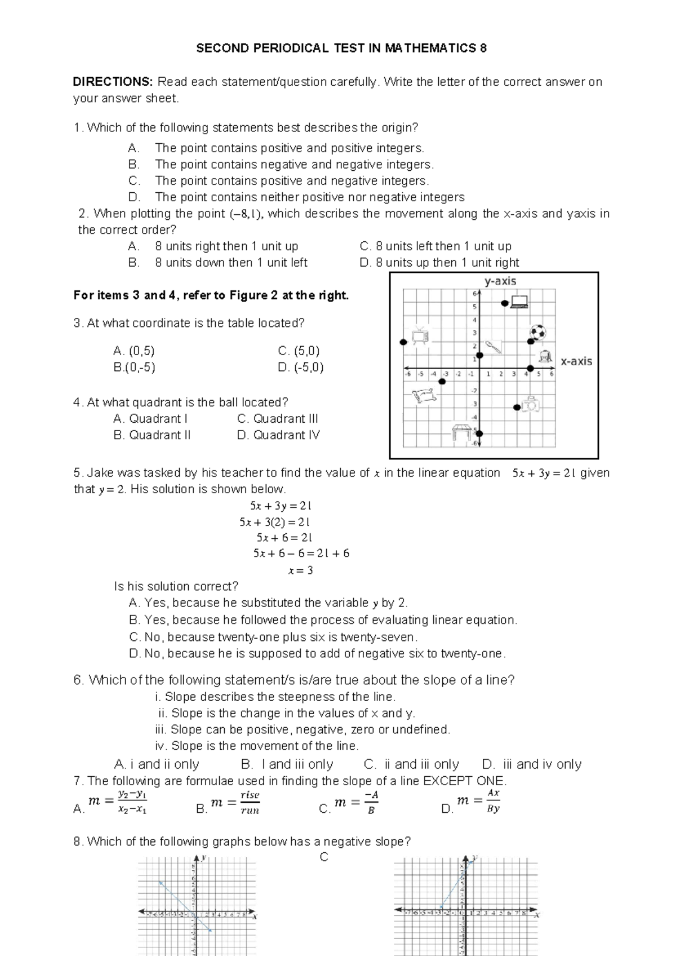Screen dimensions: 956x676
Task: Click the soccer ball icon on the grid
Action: pyautogui.click(x=537, y=332)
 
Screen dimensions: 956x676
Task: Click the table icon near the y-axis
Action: pyautogui.click(x=461, y=432)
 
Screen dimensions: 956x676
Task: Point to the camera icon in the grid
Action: pyautogui.click(x=531, y=404)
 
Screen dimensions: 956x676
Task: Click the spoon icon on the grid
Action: pyautogui.click(x=493, y=346)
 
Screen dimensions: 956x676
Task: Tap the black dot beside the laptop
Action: pyautogui.click(x=505, y=303)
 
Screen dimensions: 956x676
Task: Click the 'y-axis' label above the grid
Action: pyautogui.click(x=500, y=281)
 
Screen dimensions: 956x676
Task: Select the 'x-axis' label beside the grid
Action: pyautogui.click(x=576, y=361)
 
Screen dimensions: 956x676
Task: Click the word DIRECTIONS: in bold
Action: pyautogui.click(x=113, y=82)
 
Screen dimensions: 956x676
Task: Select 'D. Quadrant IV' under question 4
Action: pyautogui.click(x=278, y=435)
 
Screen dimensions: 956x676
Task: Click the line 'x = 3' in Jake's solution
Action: pyautogui.click(x=300, y=570)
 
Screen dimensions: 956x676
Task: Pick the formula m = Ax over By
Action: pyautogui.click(x=479, y=800)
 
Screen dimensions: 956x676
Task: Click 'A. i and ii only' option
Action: pyautogui.click(x=157, y=764)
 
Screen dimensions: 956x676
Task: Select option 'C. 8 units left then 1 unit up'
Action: pyautogui.click(x=435, y=246)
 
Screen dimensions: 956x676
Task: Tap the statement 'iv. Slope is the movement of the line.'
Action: pyautogui.click(x=257, y=746)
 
